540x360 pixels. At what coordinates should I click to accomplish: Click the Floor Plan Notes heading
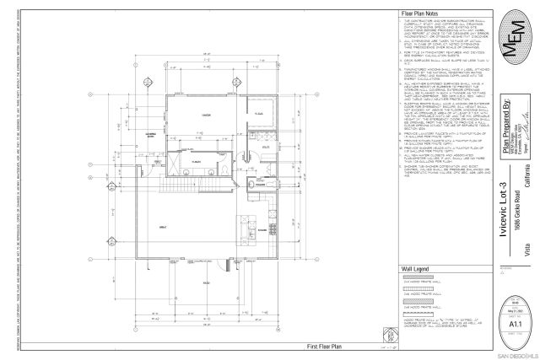[x=418, y=14]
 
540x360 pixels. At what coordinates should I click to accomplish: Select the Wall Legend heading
[x=413, y=269]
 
